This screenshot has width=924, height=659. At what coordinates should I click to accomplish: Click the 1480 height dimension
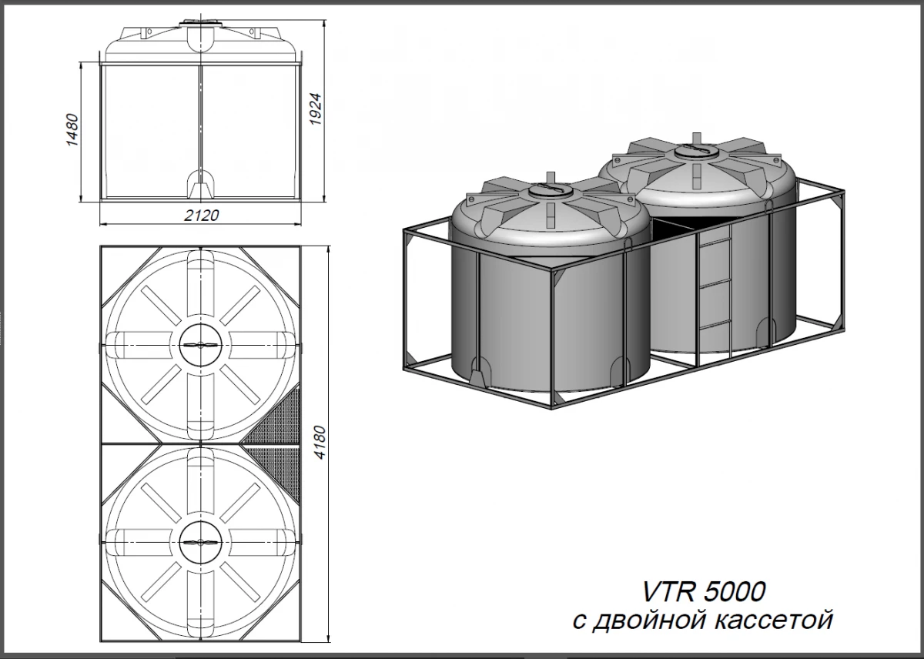pyautogui.click(x=72, y=129)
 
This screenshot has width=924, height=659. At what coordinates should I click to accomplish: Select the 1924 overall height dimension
pyautogui.click(x=315, y=109)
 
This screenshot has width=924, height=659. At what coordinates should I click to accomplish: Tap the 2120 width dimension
pyautogui.click(x=201, y=215)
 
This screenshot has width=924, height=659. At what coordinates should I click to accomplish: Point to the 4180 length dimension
pyautogui.click(x=320, y=443)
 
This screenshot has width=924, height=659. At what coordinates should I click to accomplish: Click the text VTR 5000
pyautogui.click(x=704, y=591)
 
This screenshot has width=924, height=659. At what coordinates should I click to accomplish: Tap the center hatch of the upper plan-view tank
pyautogui.click(x=200, y=346)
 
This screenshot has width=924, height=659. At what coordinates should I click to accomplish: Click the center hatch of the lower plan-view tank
pyautogui.click(x=200, y=542)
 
